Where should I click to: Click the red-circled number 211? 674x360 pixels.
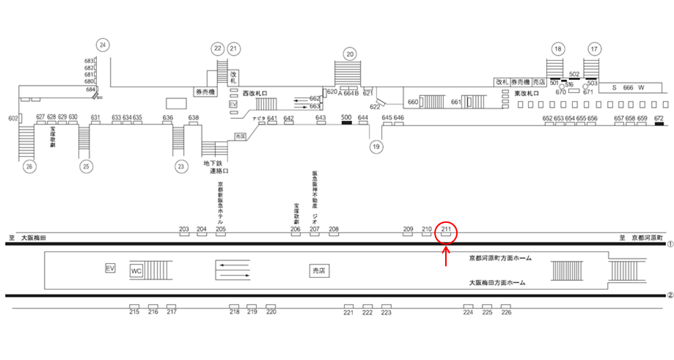pyautogui.click(x=447, y=229)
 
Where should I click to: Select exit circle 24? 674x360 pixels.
pyautogui.click(x=103, y=45)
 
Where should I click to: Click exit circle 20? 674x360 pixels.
pyautogui.click(x=350, y=54)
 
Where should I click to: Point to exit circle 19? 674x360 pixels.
pyautogui.click(x=377, y=147)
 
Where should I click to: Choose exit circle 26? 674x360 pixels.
pyautogui.click(x=29, y=166)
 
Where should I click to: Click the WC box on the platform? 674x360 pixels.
pyautogui.click(x=136, y=271)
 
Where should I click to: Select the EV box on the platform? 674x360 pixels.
pyautogui.click(x=111, y=268)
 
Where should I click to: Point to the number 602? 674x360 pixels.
pyautogui.click(x=12, y=118)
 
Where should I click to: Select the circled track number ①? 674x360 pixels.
pyautogui.click(x=669, y=243)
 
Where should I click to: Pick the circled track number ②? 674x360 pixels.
pyautogui.click(x=669, y=296)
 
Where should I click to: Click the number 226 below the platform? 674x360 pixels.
pyautogui.click(x=506, y=312)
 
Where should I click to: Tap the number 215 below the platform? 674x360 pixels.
pyautogui.click(x=134, y=312)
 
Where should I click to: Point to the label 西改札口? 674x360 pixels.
pyautogui.click(x=255, y=94)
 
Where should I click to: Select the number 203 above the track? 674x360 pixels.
pyautogui.click(x=184, y=229)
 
